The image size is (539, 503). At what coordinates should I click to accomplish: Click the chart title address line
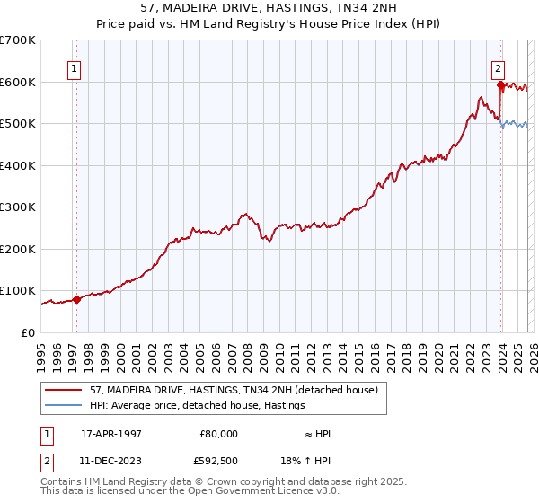point(269,7)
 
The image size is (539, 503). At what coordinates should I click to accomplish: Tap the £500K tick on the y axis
point(18,123)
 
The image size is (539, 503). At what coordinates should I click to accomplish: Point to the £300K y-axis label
point(18,207)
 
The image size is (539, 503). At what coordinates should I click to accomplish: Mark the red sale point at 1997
point(76,299)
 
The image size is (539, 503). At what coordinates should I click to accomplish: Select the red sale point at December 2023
point(500,84)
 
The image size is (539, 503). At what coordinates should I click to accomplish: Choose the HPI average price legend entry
point(197,406)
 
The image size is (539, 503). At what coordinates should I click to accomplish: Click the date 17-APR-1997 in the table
point(111,433)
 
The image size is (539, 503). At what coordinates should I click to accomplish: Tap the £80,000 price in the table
point(218,433)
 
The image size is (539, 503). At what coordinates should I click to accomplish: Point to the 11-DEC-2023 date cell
point(111,463)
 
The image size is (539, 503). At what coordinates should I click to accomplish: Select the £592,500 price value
point(218,463)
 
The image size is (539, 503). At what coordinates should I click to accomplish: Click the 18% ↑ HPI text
point(306,463)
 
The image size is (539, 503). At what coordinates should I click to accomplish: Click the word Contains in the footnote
point(61,483)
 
